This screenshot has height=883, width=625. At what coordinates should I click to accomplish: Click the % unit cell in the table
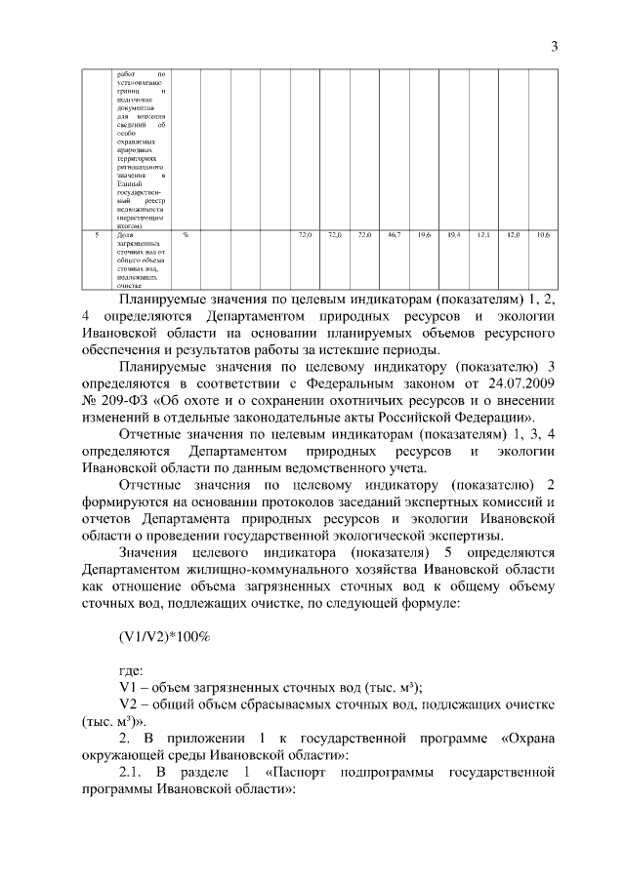[x=186, y=235]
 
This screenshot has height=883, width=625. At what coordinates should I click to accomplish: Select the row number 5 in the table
[x=96, y=235]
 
